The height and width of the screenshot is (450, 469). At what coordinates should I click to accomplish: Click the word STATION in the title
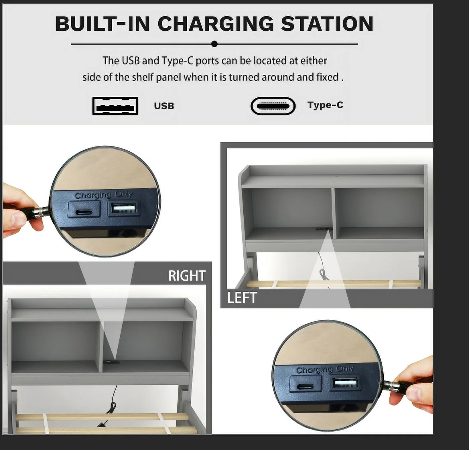click(327, 24)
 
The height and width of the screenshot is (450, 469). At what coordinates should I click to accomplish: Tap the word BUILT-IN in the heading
click(103, 24)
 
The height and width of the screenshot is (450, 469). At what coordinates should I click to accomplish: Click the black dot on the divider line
click(214, 44)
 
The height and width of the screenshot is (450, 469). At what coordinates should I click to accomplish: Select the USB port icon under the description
click(115, 106)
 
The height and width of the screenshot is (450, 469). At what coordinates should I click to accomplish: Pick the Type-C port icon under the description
click(273, 106)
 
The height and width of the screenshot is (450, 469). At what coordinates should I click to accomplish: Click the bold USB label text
click(164, 106)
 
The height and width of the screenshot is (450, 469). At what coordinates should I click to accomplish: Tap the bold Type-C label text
click(325, 105)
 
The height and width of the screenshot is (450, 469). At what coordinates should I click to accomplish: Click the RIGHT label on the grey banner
click(187, 276)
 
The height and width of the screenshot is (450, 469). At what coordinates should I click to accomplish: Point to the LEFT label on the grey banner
click(242, 298)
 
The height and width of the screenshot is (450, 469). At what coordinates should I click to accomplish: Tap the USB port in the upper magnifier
click(124, 208)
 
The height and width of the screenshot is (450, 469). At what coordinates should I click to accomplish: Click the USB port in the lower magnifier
click(345, 383)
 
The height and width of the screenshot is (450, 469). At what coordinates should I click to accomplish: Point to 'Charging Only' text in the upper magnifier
click(104, 195)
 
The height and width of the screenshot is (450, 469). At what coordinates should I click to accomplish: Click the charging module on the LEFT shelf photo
click(323, 228)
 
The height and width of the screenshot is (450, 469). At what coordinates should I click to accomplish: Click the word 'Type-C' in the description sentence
click(177, 61)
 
